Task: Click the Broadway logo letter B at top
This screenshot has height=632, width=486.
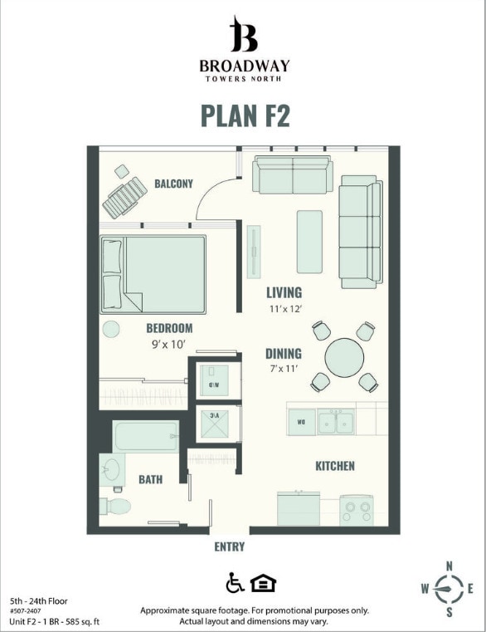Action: click(244, 35)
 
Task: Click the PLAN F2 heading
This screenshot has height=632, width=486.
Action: click(245, 115)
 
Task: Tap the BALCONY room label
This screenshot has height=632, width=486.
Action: click(173, 184)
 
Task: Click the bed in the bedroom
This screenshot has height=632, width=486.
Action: click(153, 274)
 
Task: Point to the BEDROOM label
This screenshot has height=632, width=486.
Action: click(169, 328)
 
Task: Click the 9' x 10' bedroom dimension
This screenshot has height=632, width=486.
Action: click(169, 344)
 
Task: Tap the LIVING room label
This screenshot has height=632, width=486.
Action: click(284, 292)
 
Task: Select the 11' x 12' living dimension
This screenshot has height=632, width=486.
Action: click(284, 309)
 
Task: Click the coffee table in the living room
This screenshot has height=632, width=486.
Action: click(309, 241)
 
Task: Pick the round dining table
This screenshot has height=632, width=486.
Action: click(344, 358)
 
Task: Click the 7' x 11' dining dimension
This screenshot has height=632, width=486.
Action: click(284, 369)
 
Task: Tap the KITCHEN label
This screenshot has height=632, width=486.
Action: click(335, 466)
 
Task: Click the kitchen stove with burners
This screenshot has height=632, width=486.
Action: click(357, 509)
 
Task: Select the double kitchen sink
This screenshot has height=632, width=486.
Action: click(337, 421)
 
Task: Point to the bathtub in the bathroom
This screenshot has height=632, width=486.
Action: click(146, 436)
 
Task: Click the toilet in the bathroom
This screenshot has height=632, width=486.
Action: click(114, 506)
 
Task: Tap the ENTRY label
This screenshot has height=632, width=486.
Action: click(230, 546)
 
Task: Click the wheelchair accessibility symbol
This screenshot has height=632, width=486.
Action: click(234, 583)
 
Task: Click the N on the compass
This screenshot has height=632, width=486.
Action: click(450, 566)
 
